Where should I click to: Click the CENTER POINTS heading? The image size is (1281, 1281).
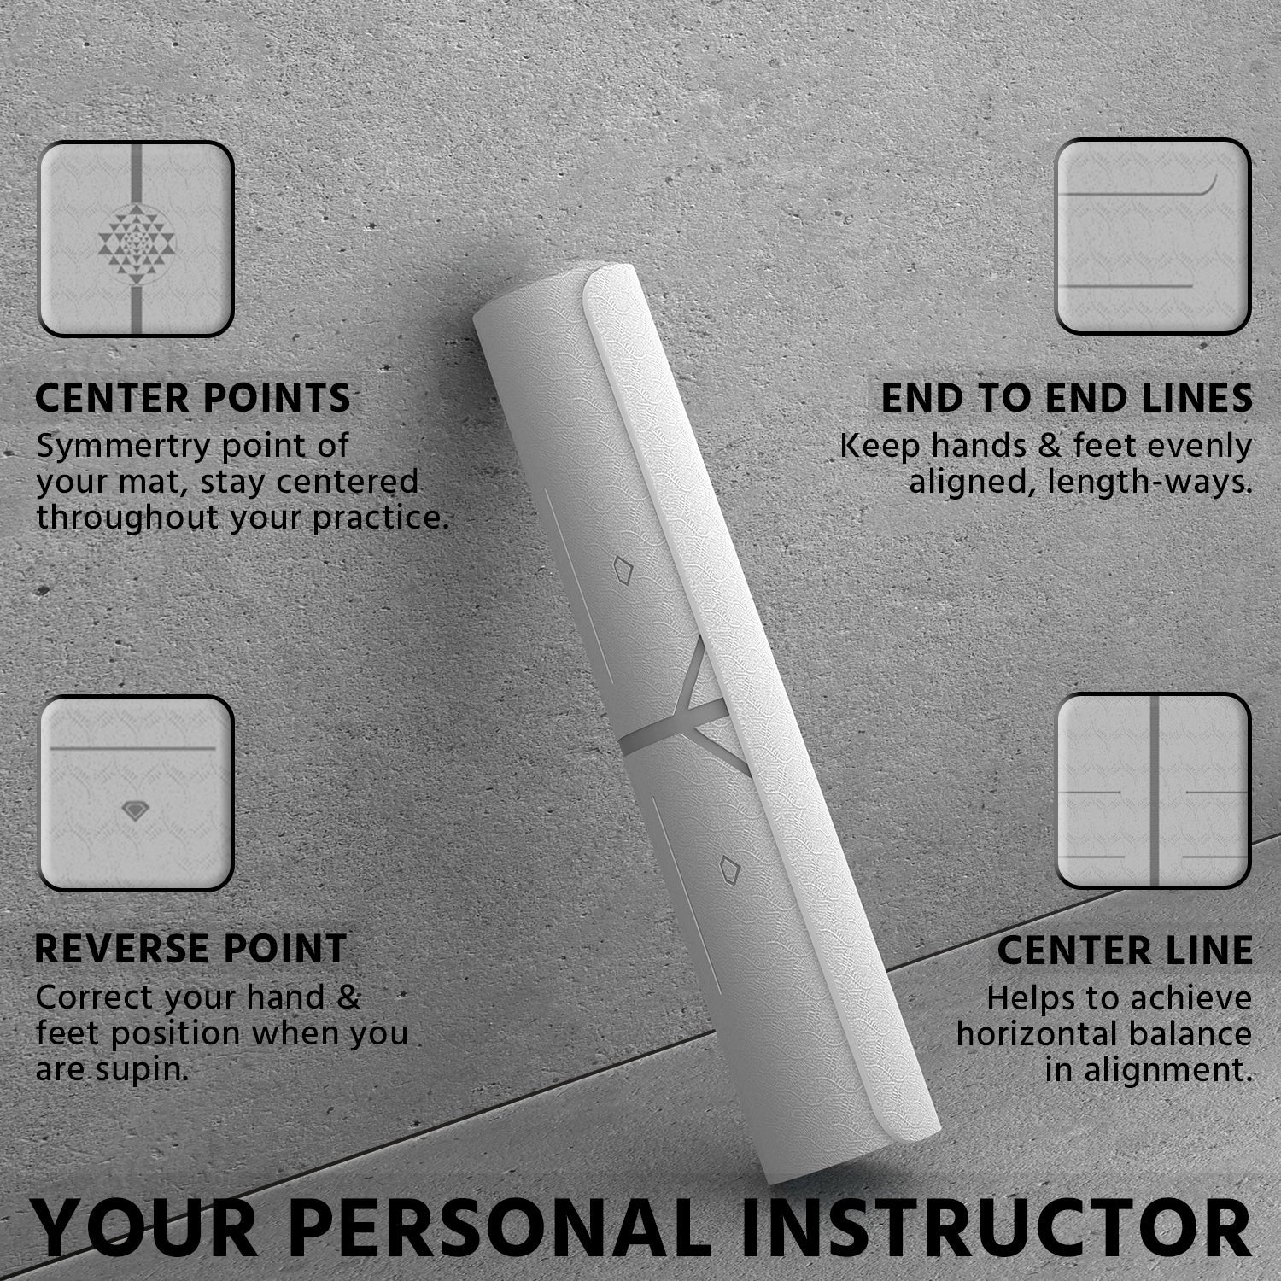coord(193,398)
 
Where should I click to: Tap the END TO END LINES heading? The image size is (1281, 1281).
coord(1067,398)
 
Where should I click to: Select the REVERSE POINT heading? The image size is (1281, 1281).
coord(190,949)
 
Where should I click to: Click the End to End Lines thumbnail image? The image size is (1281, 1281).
coord(1153,237)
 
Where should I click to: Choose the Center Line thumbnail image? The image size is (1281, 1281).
coord(1154,791)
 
